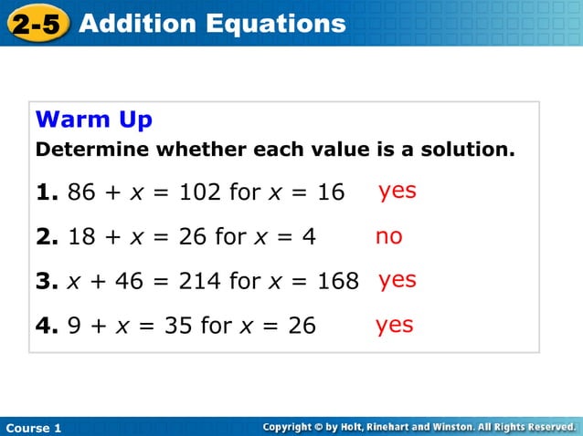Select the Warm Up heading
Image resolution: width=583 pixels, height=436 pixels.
pyautogui.click(x=93, y=119)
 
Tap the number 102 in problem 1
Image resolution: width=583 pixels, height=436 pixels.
pyautogui.click(x=199, y=192)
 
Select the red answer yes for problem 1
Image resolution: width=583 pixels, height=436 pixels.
pyautogui.click(x=397, y=191)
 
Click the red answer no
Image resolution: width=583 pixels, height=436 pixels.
pyautogui.click(x=388, y=236)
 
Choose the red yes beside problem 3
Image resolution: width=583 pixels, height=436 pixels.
pyautogui.click(x=397, y=279)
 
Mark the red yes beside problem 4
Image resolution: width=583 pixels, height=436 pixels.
pyautogui.click(x=394, y=324)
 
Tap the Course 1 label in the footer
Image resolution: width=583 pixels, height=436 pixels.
pyautogui.click(x=33, y=428)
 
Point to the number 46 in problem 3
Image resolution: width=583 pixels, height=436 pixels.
pyautogui.click(x=130, y=281)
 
